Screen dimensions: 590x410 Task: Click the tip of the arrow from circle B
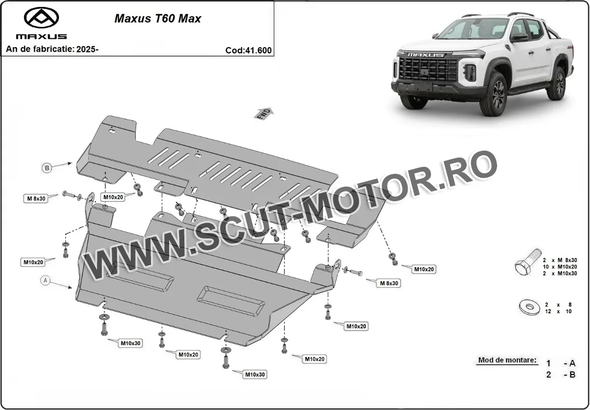[x=72, y=163]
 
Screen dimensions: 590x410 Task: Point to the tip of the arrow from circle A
[x=72, y=288]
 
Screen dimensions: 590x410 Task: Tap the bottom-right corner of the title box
[x=274, y=56]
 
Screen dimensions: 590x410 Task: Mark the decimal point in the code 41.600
[x=255, y=53]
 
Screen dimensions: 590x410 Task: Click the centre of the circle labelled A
[x=45, y=280]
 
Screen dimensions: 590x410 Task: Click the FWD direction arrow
[x=264, y=113]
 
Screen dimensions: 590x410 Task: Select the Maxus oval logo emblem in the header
[x=41, y=18]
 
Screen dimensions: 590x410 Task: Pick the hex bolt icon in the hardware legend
[x=528, y=262]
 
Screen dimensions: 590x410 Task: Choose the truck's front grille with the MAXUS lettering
[x=428, y=67]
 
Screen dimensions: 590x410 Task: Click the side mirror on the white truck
[x=519, y=37]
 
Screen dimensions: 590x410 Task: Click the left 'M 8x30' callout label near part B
[x=36, y=198]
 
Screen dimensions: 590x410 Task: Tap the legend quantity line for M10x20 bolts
[x=560, y=267]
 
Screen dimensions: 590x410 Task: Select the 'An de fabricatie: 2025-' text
[x=52, y=49]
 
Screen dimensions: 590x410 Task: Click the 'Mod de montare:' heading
[x=507, y=360]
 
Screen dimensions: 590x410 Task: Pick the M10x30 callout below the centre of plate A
[x=255, y=375]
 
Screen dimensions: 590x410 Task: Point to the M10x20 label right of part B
[x=424, y=269]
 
